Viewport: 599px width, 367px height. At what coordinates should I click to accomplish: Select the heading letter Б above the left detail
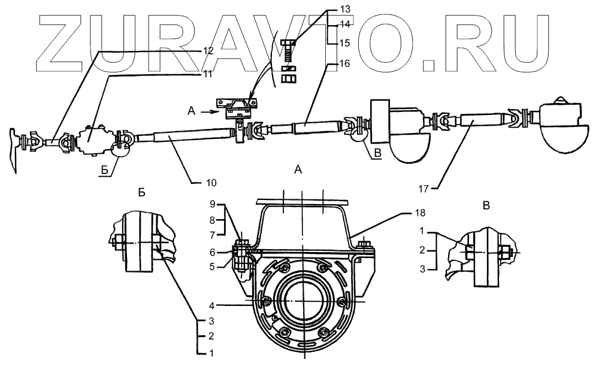(x=141, y=193)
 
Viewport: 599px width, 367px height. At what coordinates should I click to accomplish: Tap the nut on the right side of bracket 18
(x=363, y=244)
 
